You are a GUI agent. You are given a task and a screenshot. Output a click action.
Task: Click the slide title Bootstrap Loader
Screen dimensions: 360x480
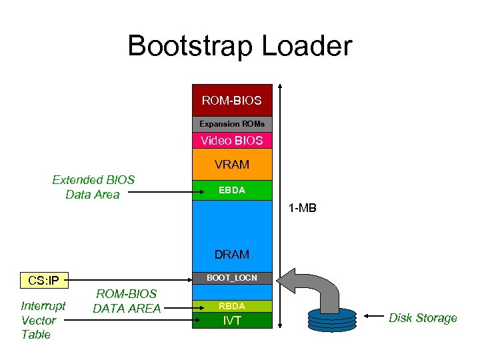pyautogui.click(x=239, y=46)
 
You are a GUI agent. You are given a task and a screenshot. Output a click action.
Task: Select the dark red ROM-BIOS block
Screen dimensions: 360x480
pyautogui.click(x=232, y=101)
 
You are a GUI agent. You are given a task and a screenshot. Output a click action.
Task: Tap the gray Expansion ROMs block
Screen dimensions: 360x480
pyautogui.click(x=232, y=124)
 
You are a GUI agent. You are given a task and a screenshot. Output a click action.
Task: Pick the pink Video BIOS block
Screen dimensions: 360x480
pyautogui.click(x=232, y=141)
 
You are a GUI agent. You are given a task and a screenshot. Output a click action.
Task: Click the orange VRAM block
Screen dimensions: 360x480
pyautogui.click(x=232, y=164)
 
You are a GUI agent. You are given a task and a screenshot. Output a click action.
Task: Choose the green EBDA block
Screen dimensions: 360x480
pyautogui.click(x=232, y=190)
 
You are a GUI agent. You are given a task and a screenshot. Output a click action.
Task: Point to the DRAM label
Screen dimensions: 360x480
pyautogui.click(x=232, y=254)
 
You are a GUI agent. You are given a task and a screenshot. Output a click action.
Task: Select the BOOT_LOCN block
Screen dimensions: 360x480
pyautogui.click(x=232, y=277)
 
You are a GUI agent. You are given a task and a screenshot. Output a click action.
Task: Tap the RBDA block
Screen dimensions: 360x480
pyautogui.click(x=232, y=306)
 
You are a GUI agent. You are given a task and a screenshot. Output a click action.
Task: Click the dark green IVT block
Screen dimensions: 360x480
pyautogui.click(x=232, y=321)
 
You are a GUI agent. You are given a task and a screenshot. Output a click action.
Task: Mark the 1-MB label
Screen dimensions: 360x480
pyautogui.click(x=302, y=209)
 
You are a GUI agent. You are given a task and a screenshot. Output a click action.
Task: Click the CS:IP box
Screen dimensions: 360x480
pyautogui.click(x=44, y=280)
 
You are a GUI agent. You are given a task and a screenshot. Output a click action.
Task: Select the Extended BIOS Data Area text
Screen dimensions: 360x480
pyautogui.click(x=93, y=187)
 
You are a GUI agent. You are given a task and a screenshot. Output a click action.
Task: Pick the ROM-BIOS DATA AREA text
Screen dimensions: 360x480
pyautogui.click(x=127, y=301)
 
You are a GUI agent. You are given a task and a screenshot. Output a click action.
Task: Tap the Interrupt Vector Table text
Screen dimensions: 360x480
pyautogui.click(x=43, y=320)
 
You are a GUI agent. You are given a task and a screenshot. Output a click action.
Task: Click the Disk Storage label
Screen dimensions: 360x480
pyautogui.click(x=423, y=318)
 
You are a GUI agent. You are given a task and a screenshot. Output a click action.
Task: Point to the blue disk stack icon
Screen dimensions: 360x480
pyautogui.click(x=331, y=318)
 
